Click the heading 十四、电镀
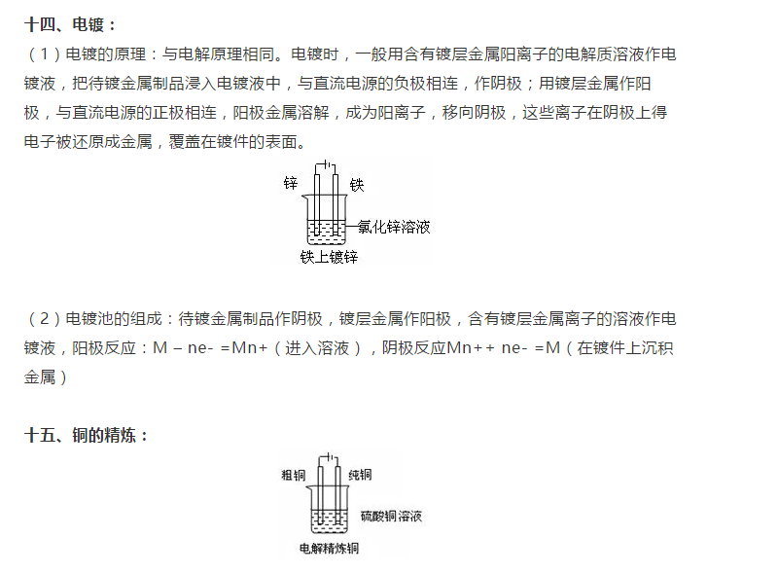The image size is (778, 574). tap(69, 24)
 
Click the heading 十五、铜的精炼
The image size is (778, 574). tap(86, 436)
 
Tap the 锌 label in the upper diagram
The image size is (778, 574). tap(290, 183)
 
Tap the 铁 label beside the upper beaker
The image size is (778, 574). tap(357, 185)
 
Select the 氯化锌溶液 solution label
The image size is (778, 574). tap(394, 227)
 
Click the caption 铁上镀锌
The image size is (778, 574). tap(329, 257)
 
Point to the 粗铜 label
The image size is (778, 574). tap(294, 475)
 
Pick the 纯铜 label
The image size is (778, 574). tap(360, 475)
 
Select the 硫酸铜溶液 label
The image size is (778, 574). tap(391, 517)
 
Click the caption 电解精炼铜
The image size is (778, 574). tap(329, 548)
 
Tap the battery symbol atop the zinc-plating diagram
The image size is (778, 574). tap(326, 164)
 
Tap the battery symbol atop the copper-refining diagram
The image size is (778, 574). tap(329, 457)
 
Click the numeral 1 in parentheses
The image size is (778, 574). tap(44, 54)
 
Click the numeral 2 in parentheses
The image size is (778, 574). tap(44, 318)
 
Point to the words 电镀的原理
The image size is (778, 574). tap(106, 54)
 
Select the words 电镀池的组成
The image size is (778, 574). tap(114, 318)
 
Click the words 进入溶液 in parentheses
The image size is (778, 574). tap(317, 347)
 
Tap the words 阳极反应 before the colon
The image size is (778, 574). tap(104, 347)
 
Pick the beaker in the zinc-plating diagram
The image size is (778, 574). tap(325, 220)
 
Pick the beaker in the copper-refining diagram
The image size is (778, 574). tap(329, 510)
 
